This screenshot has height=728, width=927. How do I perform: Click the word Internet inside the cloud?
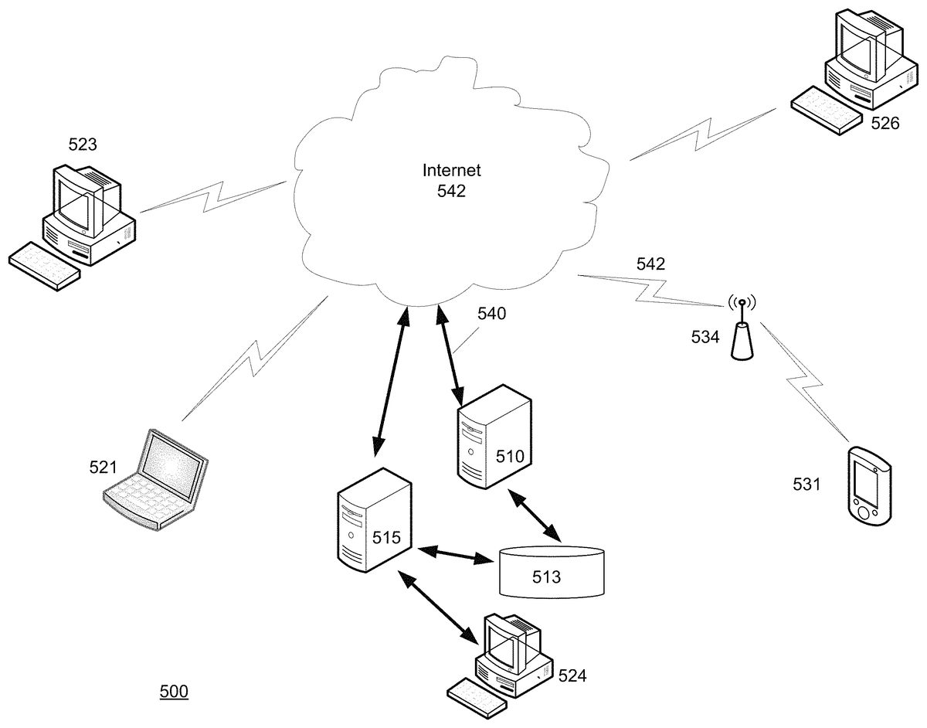(x=451, y=169)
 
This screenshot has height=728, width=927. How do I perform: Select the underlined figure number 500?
(x=174, y=692)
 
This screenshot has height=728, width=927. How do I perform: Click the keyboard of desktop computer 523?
(x=44, y=266)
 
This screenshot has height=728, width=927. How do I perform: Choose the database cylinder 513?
(x=550, y=572)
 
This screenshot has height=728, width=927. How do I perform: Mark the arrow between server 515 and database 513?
(x=455, y=553)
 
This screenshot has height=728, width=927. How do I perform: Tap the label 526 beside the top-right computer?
(x=885, y=123)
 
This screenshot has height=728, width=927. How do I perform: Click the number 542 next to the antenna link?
(x=650, y=264)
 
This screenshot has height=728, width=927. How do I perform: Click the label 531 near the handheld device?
(x=807, y=485)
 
